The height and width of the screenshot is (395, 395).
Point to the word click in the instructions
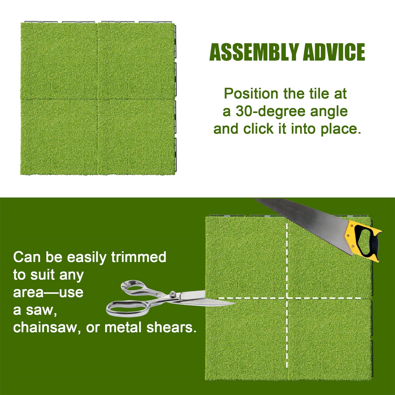click(x=258, y=129)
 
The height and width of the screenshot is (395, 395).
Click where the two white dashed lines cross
click(x=287, y=298)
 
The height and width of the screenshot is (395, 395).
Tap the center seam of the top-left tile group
click(x=98, y=99)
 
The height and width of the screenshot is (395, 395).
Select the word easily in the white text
click(x=87, y=258)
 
